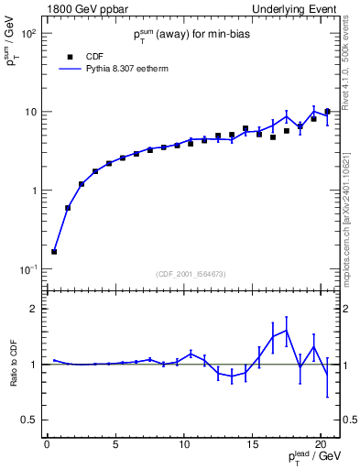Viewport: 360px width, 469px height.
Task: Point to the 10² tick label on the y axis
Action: tap(27, 34)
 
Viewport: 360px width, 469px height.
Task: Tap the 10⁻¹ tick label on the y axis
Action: tap(27, 269)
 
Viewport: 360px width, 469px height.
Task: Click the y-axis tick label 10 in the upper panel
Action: tap(29, 113)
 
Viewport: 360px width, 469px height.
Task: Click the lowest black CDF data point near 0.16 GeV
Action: tap(54, 251)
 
